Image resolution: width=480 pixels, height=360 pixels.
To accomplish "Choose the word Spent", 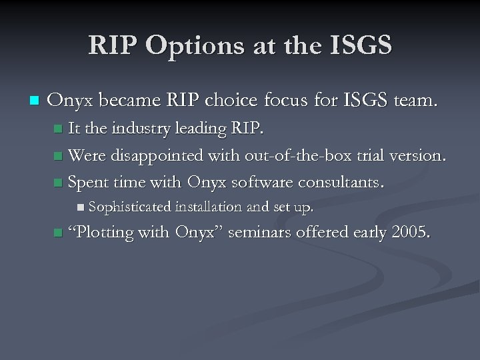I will click(x=90, y=182).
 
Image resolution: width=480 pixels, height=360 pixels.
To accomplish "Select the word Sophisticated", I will click(x=129, y=207).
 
